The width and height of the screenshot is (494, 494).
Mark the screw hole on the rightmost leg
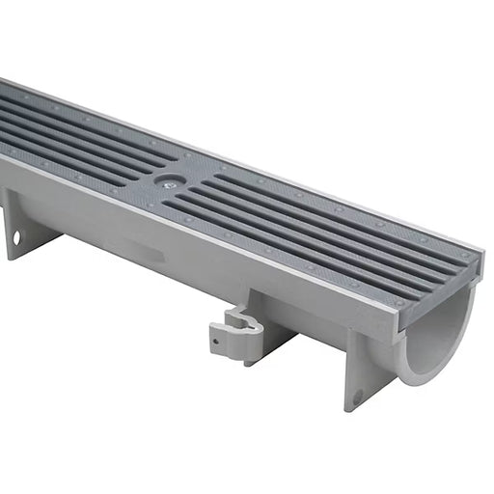[358, 395]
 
